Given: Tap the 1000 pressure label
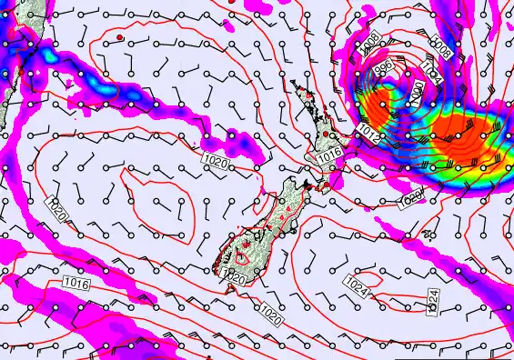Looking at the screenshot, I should (x=416, y=91).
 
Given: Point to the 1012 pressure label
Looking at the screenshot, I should (x=367, y=133).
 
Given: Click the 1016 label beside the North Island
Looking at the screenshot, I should (x=330, y=155).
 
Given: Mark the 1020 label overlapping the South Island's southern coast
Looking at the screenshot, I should (x=234, y=276).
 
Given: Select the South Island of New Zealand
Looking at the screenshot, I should (x=264, y=227).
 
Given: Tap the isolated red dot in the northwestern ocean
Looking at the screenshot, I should (x=119, y=36).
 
